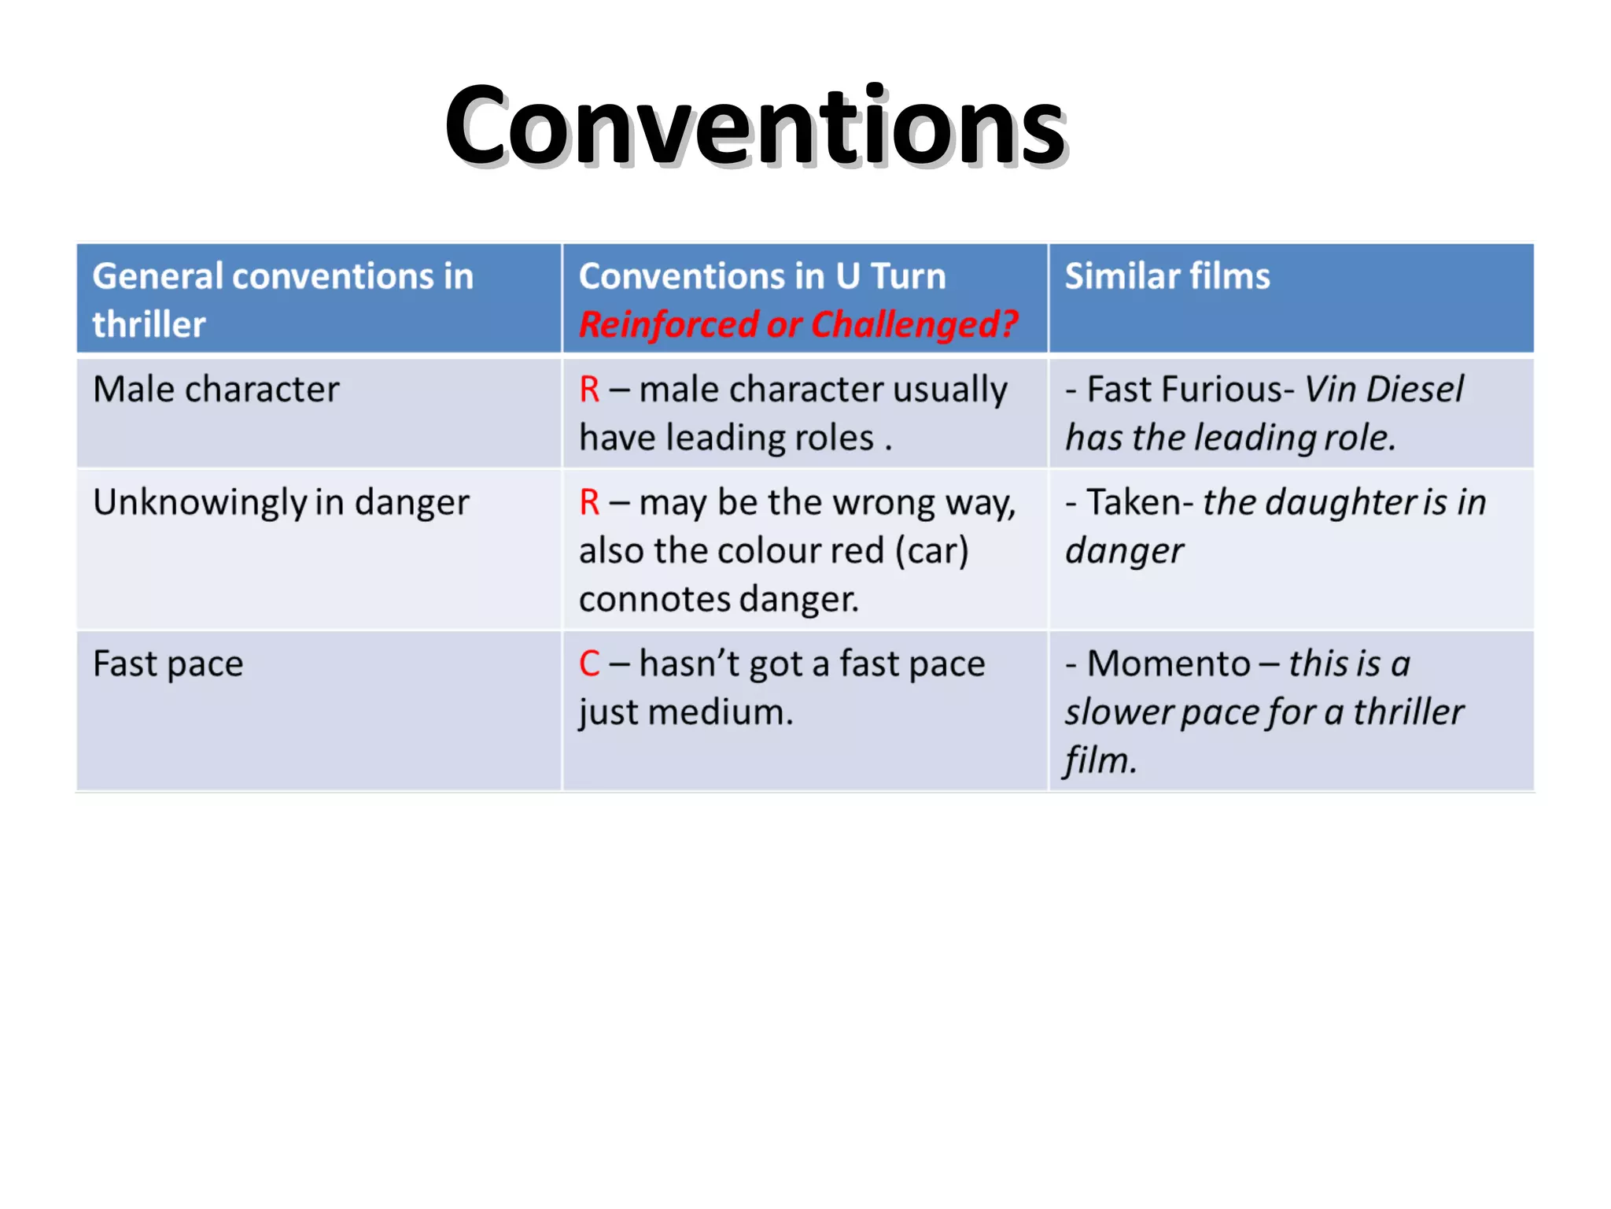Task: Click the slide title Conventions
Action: pos(755,126)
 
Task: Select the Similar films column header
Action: pos(1167,276)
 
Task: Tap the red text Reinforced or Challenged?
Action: pos(798,324)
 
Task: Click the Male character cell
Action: pos(216,390)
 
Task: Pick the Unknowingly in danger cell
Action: pos(281,503)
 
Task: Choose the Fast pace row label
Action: pos(168,664)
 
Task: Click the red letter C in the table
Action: pos(590,664)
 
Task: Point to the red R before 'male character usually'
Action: pos(590,390)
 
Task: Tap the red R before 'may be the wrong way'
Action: pos(590,503)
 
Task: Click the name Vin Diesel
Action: pos(1384,390)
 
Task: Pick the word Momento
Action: pos(1168,664)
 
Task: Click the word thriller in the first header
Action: pos(149,324)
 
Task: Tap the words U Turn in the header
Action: pos(890,276)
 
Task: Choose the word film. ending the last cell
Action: pos(1100,760)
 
